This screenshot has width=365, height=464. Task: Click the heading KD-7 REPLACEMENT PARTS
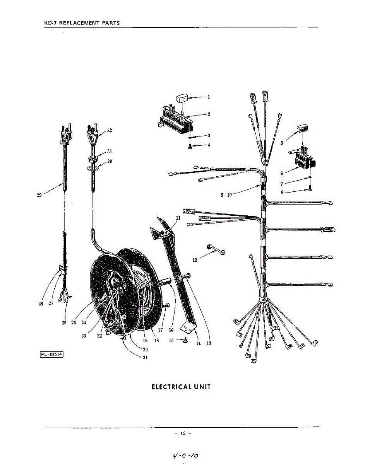(x=82, y=23)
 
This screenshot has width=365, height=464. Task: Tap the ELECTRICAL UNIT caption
(x=181, y=387)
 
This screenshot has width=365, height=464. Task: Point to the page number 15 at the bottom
(x=182, y=433)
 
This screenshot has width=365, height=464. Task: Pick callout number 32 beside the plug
(x=110, y=131)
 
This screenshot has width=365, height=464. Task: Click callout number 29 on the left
(x=39, y=195)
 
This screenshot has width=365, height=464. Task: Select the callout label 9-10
(x=226, y=195)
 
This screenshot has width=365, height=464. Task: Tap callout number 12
(x=195, y=260)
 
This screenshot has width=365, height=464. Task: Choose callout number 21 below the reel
(x=145, y=357)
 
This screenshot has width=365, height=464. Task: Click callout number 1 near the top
(x=208, y=97)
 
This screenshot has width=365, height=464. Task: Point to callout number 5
(x=282, y=143)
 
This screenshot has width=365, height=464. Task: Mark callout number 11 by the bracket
(x=178, y=218)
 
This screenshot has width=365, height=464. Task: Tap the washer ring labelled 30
(x=92, y=169)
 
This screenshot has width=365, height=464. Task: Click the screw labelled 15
(x=185, y=341)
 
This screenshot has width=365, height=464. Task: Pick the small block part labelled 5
(x=302, y=129)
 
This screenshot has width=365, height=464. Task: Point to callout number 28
(x=41, y=304)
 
